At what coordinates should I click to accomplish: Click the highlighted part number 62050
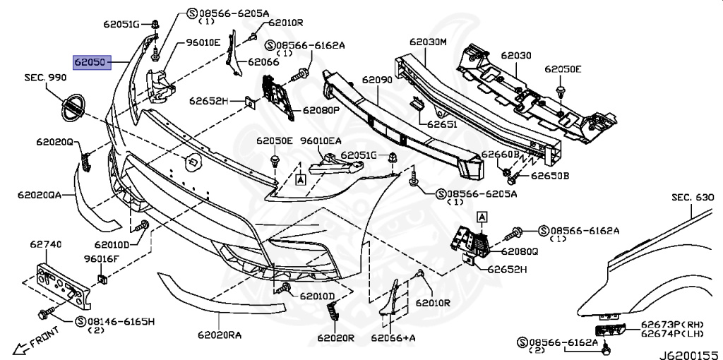point(90,63)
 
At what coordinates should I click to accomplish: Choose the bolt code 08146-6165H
point(120,322)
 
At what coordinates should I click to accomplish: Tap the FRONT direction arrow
point(35,344)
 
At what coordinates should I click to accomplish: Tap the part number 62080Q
point(520,250)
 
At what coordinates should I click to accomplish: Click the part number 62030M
point(430,42)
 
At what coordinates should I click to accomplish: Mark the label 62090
point(377,80)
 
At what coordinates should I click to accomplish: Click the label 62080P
point(322,110)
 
